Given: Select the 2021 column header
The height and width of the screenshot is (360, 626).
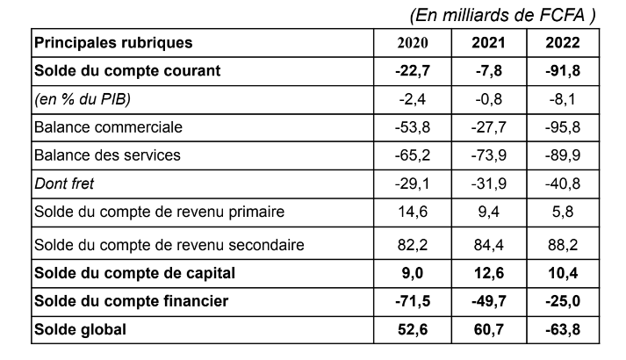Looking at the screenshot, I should (488, 43).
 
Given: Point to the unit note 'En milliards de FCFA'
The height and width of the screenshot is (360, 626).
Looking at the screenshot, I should (503, 14).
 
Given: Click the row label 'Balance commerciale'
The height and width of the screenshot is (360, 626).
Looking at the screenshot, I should (108, 127).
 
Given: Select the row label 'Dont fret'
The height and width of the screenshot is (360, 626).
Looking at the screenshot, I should (64, 184).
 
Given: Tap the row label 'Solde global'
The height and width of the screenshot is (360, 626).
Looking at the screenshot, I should (76, 330).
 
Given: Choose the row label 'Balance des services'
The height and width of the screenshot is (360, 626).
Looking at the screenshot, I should (107, 155).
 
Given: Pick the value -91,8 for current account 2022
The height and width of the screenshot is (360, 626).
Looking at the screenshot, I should (563, 71).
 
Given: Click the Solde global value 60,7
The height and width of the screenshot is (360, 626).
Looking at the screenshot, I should (488, 330).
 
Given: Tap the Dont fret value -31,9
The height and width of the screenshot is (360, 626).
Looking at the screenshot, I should (488, 184).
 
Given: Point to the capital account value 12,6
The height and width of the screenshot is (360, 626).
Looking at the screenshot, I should (488, 273).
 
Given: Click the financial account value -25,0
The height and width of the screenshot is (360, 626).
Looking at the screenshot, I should (563, 302).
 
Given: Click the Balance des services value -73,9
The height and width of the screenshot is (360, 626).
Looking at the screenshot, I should (488, 155).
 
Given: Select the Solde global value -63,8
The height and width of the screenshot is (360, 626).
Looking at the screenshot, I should (563, 330).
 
